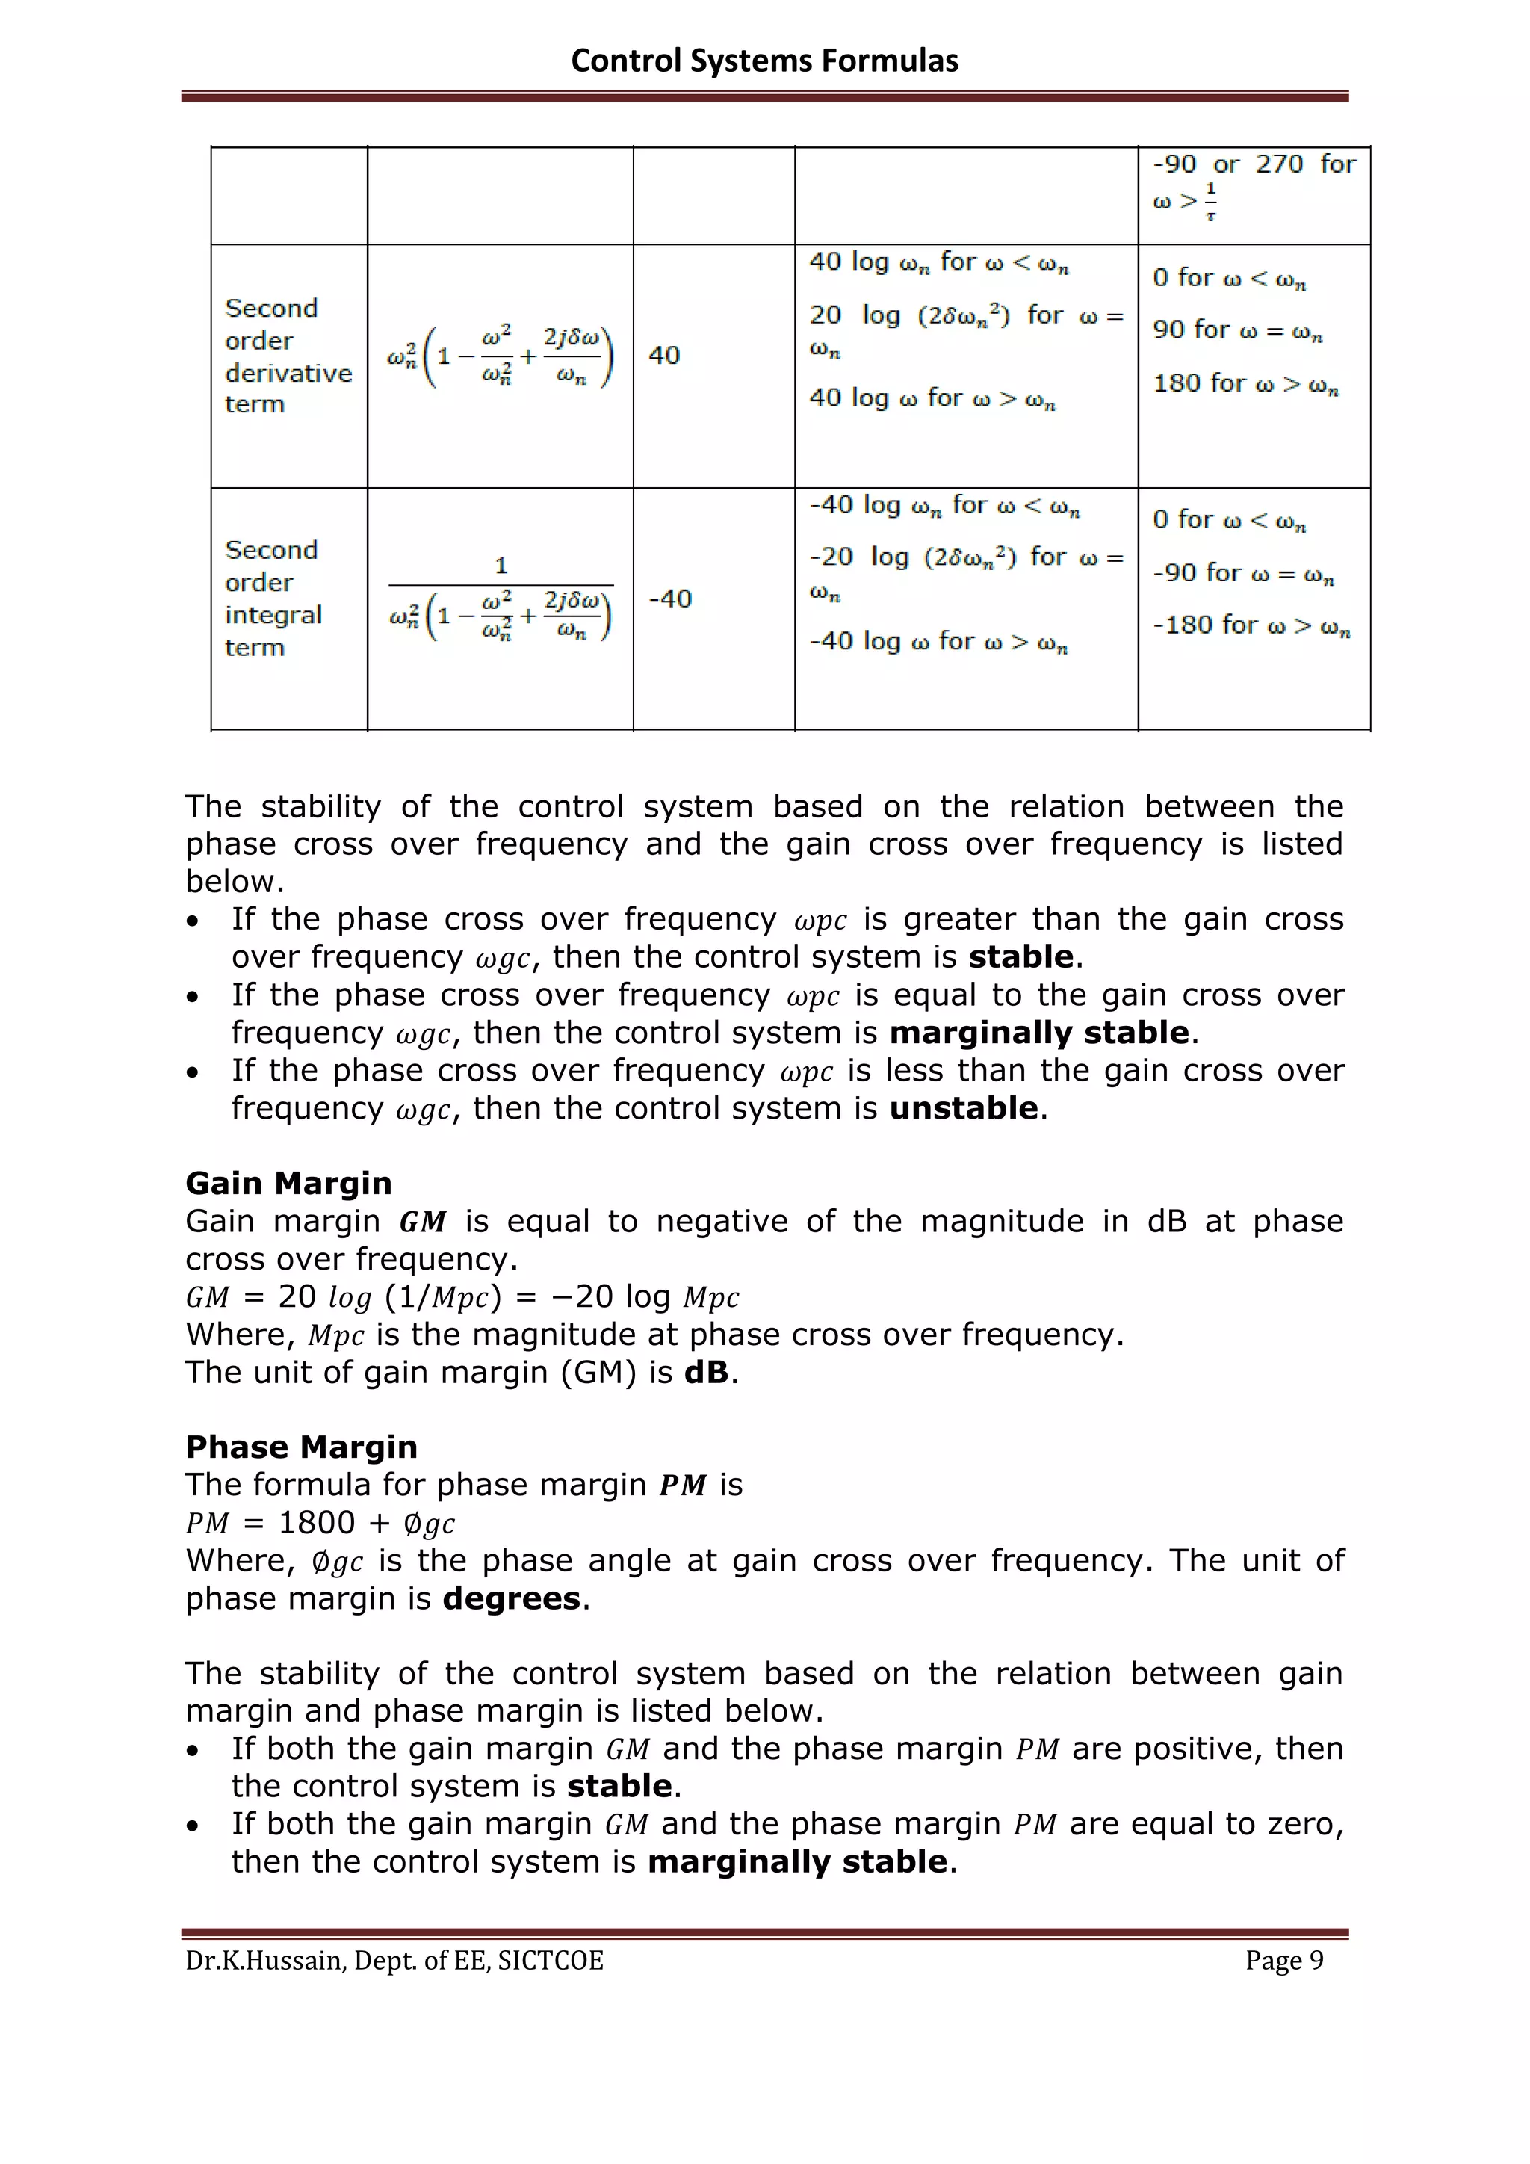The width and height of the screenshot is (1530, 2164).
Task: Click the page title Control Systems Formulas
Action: (764, 61)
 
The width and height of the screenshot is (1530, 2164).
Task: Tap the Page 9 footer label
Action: (1283, 1961)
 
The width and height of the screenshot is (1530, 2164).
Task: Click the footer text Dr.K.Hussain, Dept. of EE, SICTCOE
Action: (394, 1961)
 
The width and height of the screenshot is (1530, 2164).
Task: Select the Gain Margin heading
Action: (288, 1183)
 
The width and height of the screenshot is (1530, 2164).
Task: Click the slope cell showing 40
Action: (664, 356)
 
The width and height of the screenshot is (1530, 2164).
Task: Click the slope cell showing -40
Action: (670, 599)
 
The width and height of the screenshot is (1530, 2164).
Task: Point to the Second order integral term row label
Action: (273, 599)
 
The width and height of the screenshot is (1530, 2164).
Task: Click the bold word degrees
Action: (511, 1598)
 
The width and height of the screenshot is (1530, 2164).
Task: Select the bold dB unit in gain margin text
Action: (707, 1372)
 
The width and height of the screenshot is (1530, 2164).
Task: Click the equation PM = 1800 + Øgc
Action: (320, 1523)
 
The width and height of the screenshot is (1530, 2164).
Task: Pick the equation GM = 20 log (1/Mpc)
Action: (462, 1298)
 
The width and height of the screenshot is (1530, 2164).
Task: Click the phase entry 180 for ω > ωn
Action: (1245, 383)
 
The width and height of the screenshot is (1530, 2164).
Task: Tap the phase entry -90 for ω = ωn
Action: (1242, 573)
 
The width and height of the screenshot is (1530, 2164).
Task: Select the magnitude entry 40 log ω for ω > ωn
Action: (932, 399)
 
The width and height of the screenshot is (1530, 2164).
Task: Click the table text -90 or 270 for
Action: (1253, 165)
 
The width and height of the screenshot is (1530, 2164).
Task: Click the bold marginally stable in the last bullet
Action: (797, 1862)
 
